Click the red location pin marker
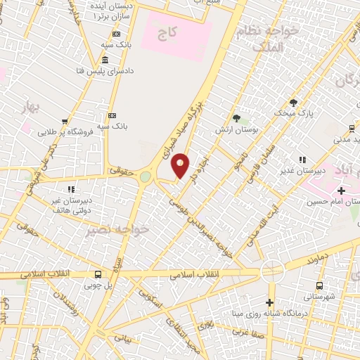(x=181, y=166)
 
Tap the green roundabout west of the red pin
(x=145, y=177)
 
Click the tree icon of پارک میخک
(x=293, y=102)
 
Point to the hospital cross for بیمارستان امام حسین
(x=342, y=191)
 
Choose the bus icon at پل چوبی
(x=97, y=275)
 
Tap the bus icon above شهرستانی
(x=320, y=285)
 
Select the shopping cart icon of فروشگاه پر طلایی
(x=65, y=121)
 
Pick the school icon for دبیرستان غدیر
(x=303, y=160)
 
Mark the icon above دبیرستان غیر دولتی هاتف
(x=70, y=189)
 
